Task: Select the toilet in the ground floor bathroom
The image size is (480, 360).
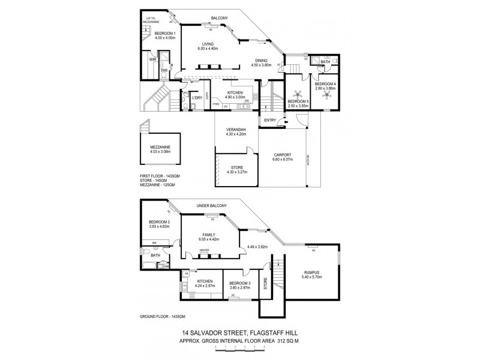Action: (x=147, y=251)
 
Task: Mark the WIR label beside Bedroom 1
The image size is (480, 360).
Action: (x=152, y=60)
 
